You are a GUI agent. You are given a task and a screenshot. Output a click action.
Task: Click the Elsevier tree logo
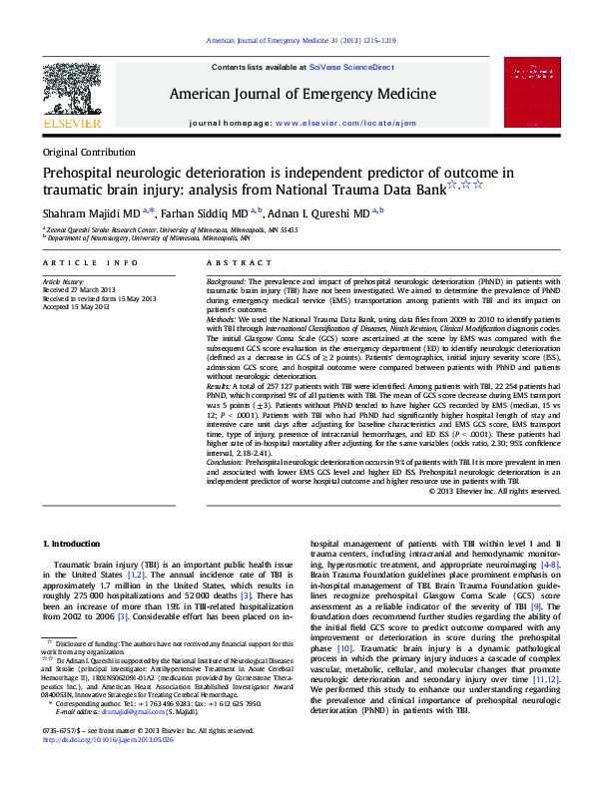(x=71, y=93)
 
